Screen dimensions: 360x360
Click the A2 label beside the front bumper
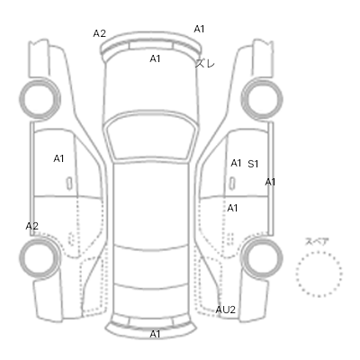point(99,33)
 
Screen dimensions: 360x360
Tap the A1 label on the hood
point(155,58)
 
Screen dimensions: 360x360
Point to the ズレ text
point(205,63)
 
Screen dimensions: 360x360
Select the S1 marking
point(253,164)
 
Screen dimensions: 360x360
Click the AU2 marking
point(226,310)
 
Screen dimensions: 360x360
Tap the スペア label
point(317,242)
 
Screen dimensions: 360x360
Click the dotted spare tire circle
point(319,252)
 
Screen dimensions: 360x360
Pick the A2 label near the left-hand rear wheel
point(31,226)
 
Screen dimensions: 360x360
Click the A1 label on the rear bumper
point(155,334)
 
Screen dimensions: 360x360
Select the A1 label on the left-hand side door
point(58,158)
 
